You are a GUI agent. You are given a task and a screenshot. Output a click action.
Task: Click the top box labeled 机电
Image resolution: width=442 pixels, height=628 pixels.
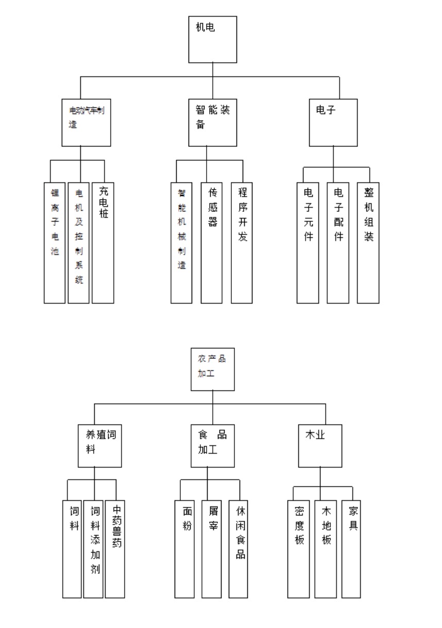pyautogui.click(x=213, y=39)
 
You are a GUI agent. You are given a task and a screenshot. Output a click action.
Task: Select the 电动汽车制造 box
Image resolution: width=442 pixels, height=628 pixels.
pyautogui.click(x=87, y=122)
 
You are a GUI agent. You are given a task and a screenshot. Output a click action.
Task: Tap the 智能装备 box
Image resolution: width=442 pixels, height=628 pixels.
pyautogui.click(x=213, y=122)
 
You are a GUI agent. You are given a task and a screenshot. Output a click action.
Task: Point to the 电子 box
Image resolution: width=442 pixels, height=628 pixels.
pyautogui.click(x=333, y=122)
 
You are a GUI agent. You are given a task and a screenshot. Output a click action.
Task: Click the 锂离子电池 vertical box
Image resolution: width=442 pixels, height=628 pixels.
pyautogui.click(x=54, y=242)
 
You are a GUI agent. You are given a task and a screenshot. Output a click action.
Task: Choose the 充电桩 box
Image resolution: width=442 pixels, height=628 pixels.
pyautogui.click(x=103, y=242)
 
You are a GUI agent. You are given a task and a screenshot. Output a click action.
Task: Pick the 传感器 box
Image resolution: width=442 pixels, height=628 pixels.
pyautogui.click(x=212, y=242)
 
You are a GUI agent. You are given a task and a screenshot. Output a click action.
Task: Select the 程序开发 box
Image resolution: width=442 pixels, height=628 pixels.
pyautogui.click(x=242, y=242)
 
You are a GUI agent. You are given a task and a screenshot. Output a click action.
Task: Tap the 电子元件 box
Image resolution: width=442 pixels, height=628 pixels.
pyautogui.click(x=308, y=242)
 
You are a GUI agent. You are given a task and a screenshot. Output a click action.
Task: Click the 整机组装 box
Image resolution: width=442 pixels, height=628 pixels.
pyautogui.click(x=368, y=242)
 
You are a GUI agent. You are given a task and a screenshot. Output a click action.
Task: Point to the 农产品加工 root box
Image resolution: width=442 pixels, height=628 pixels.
pyautogui.click(x=213, y=368)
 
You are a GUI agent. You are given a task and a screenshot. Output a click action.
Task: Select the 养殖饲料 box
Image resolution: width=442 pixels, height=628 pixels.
pyautogui.click(x=100, y=445)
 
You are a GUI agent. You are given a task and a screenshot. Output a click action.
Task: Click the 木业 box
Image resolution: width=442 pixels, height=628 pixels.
pyautogui.click(x=320, y=445)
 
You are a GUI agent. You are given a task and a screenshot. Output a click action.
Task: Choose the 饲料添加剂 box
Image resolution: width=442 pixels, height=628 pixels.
pyautogui.click(x=93, y=549)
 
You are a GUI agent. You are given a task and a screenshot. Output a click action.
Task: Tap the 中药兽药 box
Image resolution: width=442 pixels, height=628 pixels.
pyautogui.click(x=115, y=549)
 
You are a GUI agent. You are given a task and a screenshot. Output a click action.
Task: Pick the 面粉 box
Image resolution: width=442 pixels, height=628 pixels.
pyautogui.click(x=185, y=549)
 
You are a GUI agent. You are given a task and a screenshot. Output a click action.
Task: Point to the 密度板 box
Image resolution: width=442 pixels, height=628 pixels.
pyautogui.click(x=299, y=549)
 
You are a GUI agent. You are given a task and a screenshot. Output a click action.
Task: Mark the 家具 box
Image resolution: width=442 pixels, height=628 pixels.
pyautogui.click(x=351, y=549)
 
